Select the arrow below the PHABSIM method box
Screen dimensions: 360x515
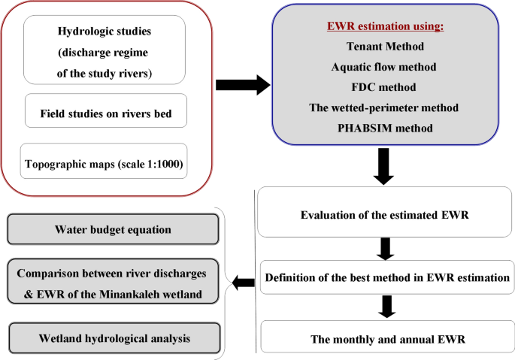[384, 167]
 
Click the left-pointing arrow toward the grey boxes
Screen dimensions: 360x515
[243, 283]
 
